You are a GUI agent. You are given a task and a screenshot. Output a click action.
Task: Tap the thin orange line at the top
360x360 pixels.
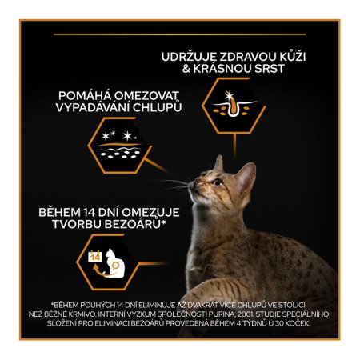180,34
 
